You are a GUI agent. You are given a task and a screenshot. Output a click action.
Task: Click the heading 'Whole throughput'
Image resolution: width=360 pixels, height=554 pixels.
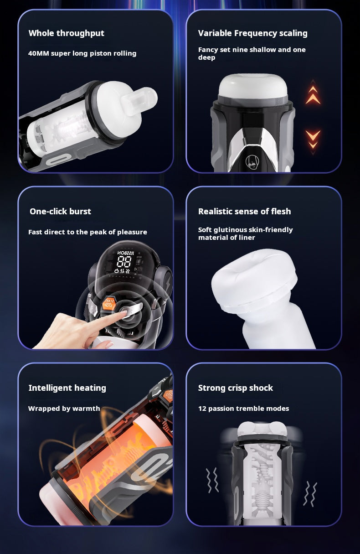pyautogui.click(x=66, y=33)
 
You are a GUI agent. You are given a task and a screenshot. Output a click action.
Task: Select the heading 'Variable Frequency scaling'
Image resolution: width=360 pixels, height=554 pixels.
pyautogui.click(x=252, y=33)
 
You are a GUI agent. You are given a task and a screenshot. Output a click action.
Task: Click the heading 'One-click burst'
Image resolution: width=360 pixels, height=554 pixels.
pyautogui.click(x=60, y=212)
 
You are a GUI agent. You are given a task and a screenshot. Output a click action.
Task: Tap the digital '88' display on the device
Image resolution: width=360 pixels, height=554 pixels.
pyautogui.click(x=124, y=262)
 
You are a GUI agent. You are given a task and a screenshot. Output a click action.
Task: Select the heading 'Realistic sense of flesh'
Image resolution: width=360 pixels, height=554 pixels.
pyautogui.click(x=244, y=212)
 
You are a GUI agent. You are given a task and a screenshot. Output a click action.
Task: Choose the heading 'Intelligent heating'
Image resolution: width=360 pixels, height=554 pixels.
pyautogui.click(x=67, y=388)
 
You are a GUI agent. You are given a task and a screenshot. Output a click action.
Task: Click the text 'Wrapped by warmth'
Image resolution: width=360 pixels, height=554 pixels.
pyautogui.click(x=64, y=409)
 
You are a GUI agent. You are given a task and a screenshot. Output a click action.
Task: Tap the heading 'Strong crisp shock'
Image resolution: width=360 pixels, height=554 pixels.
pyautogui.click(x=235, y=388)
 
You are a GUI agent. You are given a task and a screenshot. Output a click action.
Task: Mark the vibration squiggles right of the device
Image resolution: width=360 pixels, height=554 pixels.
pyautogui.click(x=310, y=493)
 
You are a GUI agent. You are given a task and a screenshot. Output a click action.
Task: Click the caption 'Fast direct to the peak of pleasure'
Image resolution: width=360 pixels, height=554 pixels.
pyautogui.click(x=87, y=232)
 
